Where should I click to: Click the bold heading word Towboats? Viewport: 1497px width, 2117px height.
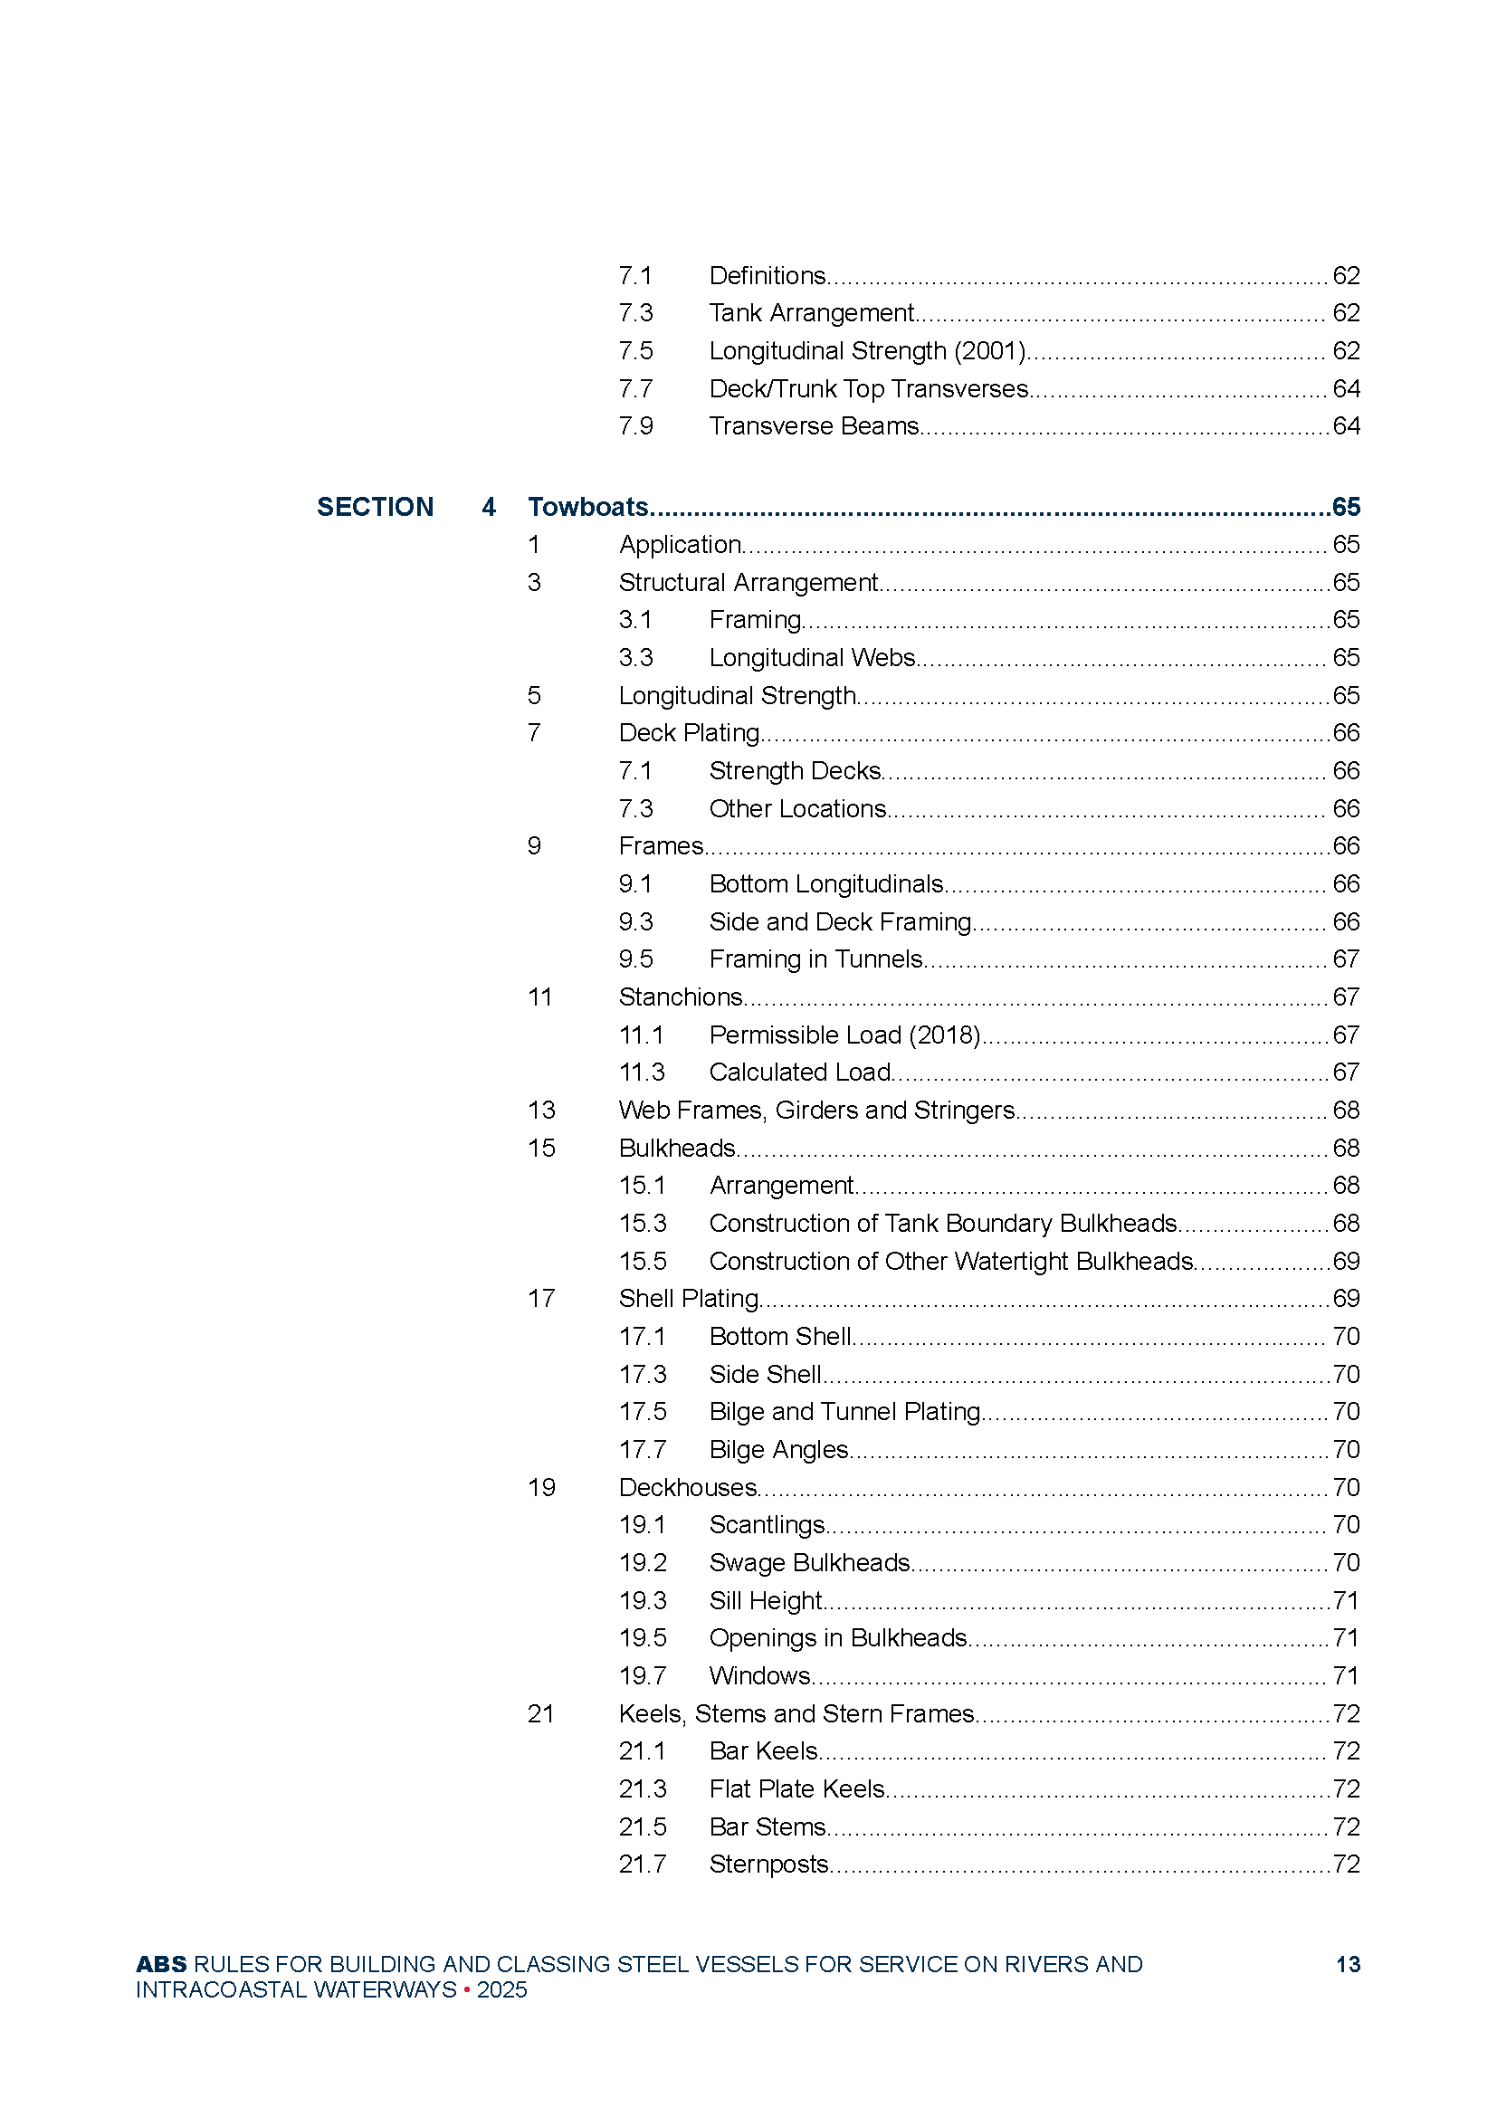click(x=587, y=506)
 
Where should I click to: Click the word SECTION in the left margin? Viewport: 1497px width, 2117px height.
click(x=375, y=507)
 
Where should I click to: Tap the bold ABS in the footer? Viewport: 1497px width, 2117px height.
click(x=160, y=1964)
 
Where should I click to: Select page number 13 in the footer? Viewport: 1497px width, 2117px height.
click(x=1348, y=1964)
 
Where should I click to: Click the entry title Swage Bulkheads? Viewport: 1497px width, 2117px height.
click(x=809, y=1562)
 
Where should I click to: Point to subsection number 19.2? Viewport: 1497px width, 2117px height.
click(x=642, y=1562)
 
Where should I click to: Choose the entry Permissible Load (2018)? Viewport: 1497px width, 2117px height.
click(x=844, y=1035)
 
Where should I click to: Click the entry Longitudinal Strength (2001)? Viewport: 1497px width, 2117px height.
click(x=867, y=350)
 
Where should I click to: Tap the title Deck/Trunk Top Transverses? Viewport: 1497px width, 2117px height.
click(x=868, y=388)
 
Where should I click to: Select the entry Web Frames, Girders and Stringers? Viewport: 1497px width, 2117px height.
click(x=815, y=1110)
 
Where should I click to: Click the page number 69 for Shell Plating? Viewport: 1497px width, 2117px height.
click(x=1346, y=1298)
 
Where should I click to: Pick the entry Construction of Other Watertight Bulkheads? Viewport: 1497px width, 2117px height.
click(x=951, y=1261)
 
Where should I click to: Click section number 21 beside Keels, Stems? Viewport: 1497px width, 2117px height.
click(x=541, y=1713)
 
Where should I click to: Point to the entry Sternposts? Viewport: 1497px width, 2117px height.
click(x=768, y=1864)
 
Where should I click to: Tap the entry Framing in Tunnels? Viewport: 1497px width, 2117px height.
click(x=815, y=958)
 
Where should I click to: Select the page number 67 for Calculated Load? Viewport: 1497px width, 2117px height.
click(x=1346, y=1072)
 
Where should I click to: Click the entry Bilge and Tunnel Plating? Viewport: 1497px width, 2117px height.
click(x=844, y=1411)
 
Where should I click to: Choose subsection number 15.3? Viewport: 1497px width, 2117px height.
click(x=642, y=1223)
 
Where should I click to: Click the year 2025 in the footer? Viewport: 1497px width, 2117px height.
click(x=502, y=1989)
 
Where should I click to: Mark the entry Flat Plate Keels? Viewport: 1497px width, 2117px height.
click(x=796, y=1788)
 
